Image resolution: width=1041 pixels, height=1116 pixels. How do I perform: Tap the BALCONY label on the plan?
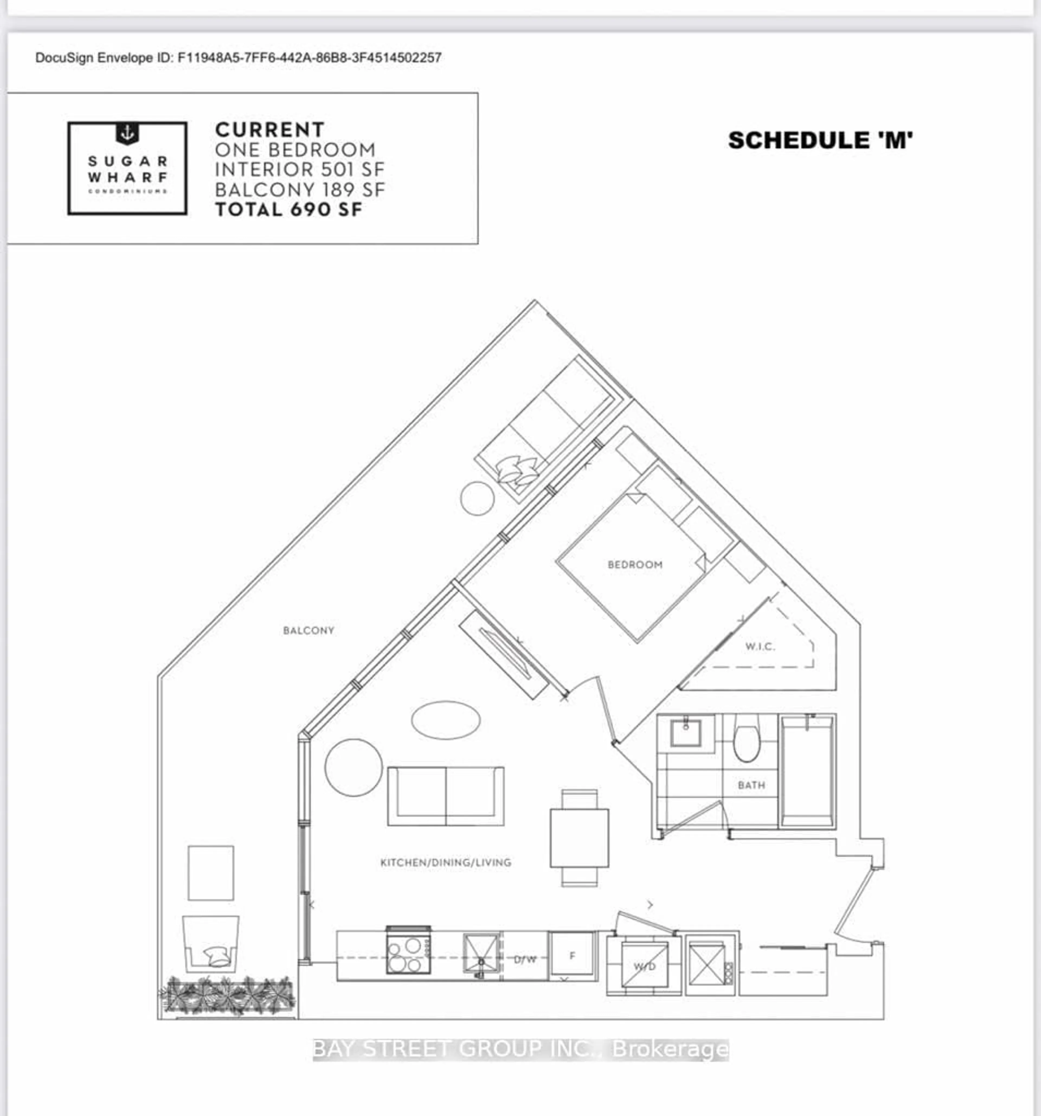[308, 631]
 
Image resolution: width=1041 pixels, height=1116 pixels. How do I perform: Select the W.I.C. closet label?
[760, 647]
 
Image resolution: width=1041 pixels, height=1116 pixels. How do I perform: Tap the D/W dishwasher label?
[525, 959]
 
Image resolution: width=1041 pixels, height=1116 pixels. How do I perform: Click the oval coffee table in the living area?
[446, 720]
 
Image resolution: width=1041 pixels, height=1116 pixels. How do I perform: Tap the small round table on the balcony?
[477, 498]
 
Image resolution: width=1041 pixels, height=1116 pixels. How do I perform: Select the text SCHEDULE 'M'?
[820, 140]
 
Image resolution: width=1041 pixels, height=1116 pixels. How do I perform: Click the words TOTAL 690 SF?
[289, 210]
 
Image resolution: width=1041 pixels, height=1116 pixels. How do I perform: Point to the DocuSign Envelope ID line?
[238, 58]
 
